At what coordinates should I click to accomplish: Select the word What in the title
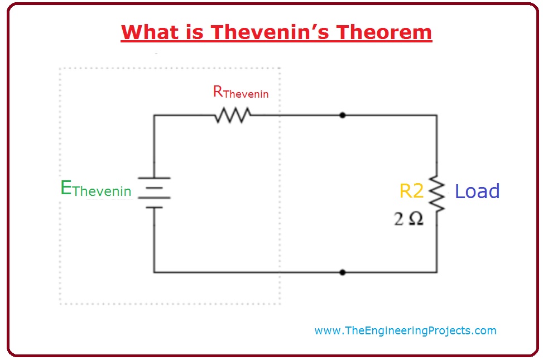click(x=151, y=32)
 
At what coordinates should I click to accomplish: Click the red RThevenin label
click(x=241, y=92)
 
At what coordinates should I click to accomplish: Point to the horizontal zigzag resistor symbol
click(x=232, y=116)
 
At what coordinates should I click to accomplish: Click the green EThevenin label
click(x=95, y=190)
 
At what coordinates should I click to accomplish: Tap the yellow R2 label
click(x=411, y=191)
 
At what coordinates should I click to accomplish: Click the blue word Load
click(x=477, y=191)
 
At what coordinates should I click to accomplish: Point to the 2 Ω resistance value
click(x=409, y=219)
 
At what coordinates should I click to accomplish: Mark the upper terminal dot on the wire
click(x=342, y=116)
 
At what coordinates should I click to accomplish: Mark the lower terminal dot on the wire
click(x=342, y=272)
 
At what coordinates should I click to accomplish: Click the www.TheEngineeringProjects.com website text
click(x=405, y=330)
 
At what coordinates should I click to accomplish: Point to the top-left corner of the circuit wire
click(x=154, y=116)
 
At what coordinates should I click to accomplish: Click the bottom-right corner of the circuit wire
click(x=436, y=272)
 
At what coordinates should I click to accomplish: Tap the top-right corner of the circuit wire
click(x=436, y=116)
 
